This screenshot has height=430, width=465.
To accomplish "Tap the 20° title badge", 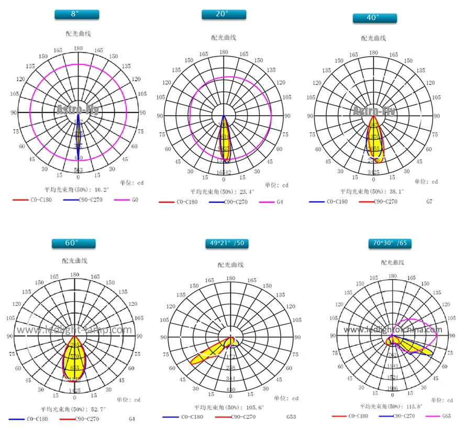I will pos(224,14).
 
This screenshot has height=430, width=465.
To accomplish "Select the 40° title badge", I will pos(373,17).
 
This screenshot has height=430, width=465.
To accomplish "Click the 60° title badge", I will pos(73,243).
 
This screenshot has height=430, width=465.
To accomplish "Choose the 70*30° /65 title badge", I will pos(389,243).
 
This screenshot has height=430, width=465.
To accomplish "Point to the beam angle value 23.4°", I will pos(245,192).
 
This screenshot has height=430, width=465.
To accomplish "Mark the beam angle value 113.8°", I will pos(413,406).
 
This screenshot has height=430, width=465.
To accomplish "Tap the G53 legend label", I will pos(291,417).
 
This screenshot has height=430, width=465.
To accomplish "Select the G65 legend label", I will pos(447,416).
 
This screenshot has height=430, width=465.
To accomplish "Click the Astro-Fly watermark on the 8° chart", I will pos(77,109).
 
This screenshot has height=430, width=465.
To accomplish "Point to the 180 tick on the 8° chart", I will pos(78,48).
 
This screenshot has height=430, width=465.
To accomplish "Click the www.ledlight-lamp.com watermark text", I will pos(74,330).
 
